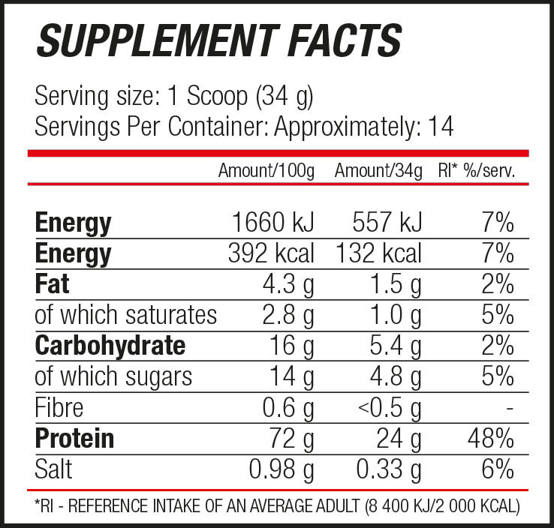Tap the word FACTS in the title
tap(339, 40)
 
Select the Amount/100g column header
tap(266, 171)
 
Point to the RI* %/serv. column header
tap(476, 171)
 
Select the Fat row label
tap(52, 284)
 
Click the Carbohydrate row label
tap(110, 346)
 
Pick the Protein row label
tap(74, 439)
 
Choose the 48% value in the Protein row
tap(491, 439)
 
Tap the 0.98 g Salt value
tap(282, 469)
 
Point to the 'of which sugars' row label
tap(113, 376)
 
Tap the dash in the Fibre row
tap(509, 409)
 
